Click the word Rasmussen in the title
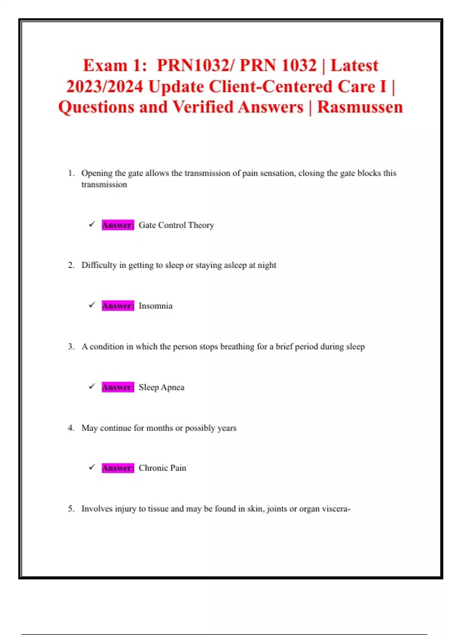point(360,107)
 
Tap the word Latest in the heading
point(354,65)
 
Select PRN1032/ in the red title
point(196,65)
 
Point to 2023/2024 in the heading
point(105,86)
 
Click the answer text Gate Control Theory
point(176,225)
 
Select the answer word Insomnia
point(156,306)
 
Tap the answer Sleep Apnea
point(162,387)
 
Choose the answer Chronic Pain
point(162,468)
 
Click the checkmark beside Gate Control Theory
point(92,224)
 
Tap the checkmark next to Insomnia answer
point(92,305)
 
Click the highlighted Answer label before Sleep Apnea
point(118,387)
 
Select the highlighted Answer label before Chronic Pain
point(118,468)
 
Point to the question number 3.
point(71,347)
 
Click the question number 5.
point(71,509)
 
